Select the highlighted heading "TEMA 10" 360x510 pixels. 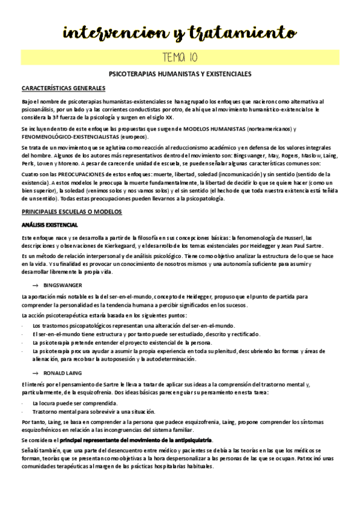click(x=180, y=58)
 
